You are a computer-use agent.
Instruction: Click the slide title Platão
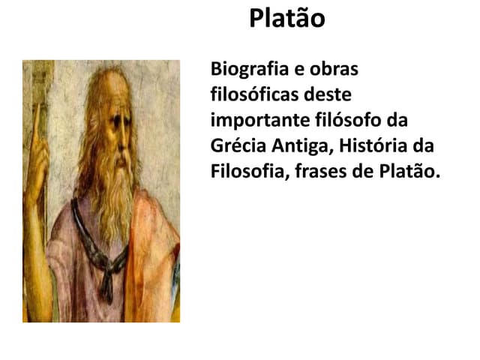[287, 18]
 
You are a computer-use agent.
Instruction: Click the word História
[372, 145]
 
